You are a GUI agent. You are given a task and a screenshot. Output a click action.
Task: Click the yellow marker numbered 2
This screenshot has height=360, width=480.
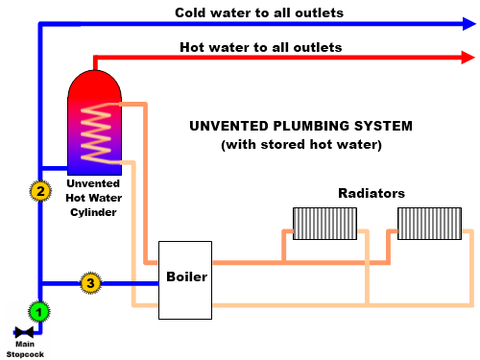coord(39,190)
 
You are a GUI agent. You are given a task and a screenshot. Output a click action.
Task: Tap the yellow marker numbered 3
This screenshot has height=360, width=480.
coord(90,283)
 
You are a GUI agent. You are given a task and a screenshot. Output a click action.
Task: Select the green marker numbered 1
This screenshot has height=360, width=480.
coord(38,311)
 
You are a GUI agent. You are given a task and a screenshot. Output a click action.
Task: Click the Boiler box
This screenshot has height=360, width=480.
coord(185,279)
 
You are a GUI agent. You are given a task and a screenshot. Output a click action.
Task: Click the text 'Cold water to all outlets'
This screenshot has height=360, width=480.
coord(259,12)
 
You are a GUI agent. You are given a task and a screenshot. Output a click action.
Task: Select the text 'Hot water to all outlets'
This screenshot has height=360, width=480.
coord(260,46)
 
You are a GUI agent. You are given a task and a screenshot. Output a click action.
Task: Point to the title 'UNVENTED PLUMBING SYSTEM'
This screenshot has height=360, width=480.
coord(300,126)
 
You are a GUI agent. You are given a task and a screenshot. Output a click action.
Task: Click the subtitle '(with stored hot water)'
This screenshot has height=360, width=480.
coord(300,145)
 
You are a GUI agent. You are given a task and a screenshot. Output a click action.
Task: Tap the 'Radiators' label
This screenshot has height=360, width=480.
coord(371,193)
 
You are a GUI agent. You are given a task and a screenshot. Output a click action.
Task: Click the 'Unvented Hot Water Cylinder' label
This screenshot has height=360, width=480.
coord(92,197)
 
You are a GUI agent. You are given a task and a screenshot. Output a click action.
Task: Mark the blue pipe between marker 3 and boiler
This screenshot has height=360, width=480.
coord(130,283)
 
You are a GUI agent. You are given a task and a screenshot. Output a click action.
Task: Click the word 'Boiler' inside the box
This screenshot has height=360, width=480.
coord(186,276)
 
